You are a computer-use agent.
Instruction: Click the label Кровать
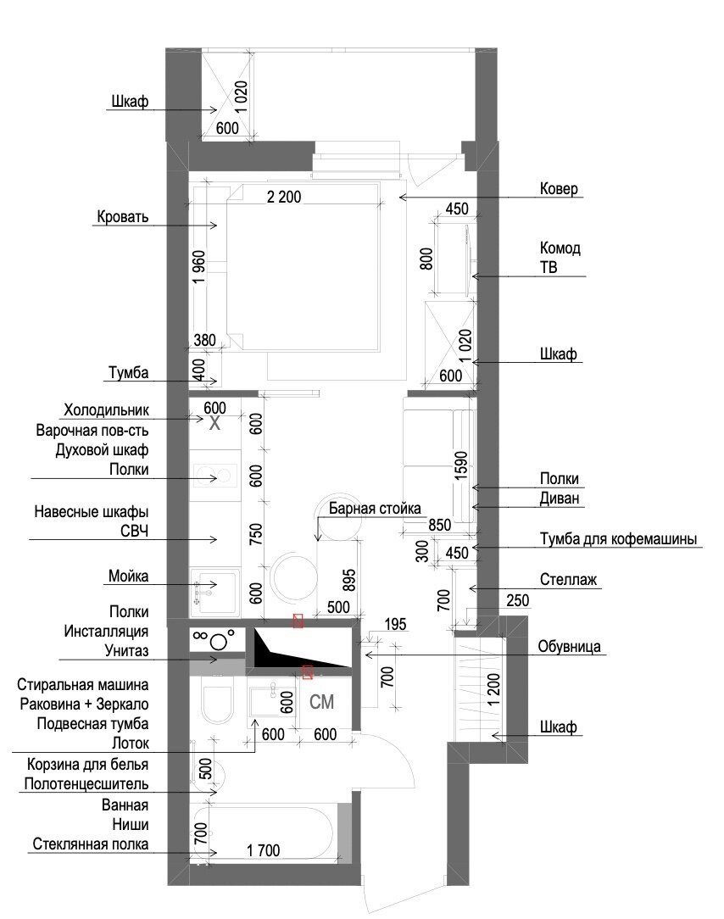tap(123, 217)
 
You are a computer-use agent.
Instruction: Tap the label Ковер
tap(559, 189)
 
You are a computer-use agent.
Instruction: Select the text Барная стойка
tap(375, 508)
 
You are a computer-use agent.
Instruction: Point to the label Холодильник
tap(106, 409)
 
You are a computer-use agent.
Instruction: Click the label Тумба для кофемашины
tap(619, 538)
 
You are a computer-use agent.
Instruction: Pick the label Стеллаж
tap(568, 580)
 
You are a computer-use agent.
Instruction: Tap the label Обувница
tap(569, 647)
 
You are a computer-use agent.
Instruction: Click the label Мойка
tap(128, 576)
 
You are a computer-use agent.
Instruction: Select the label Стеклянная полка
tap(90, 844)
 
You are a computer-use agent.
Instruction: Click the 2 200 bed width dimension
tap(284, 197)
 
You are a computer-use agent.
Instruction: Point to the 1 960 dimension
tap(199, 267)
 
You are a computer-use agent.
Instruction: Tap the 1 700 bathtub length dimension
tap(263, 849)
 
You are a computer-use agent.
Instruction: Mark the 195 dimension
tap(395, 624)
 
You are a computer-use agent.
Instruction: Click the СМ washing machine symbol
tap(321, 702)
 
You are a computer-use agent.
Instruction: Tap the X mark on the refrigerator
tap(214, 423)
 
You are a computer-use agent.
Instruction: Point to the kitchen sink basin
tap(215, 591)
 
